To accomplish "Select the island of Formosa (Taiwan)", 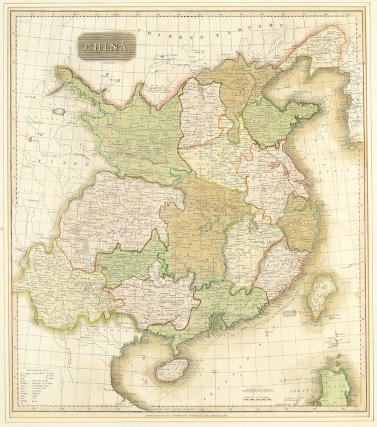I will pyautogui.click(x=318, y=296).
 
